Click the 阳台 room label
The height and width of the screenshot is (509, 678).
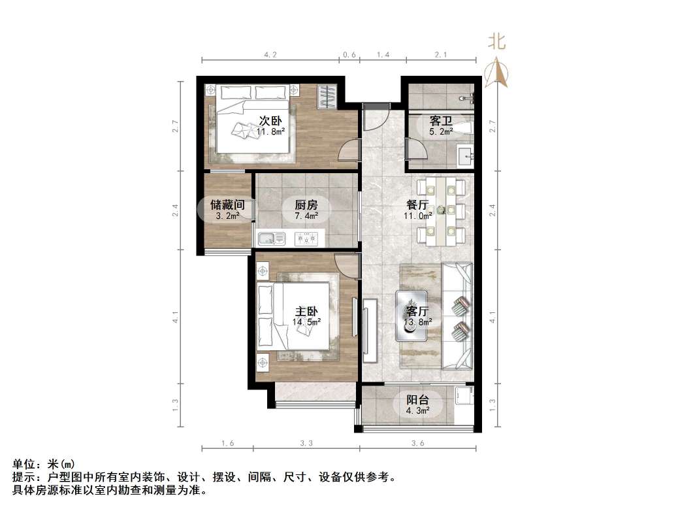coord(418,400)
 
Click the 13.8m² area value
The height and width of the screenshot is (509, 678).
coord(418,321)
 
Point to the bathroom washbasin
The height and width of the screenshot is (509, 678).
coord(466,156)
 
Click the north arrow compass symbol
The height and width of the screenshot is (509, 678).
coord(498,73)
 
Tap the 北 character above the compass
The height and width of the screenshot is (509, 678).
coord(497,42)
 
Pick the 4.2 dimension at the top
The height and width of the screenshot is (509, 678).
coord(270,56)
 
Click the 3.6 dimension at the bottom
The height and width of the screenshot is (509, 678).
coord(418,444)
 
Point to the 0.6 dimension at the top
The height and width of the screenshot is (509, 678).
coord(349,56)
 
